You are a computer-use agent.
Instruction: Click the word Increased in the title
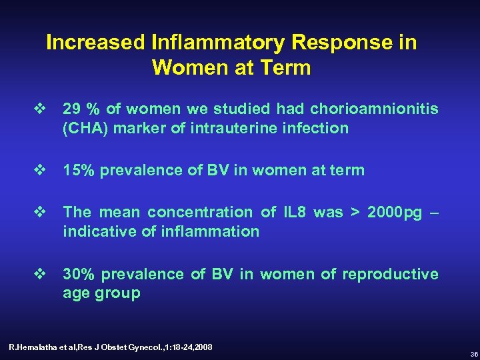98,43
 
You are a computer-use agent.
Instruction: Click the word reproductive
397,274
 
